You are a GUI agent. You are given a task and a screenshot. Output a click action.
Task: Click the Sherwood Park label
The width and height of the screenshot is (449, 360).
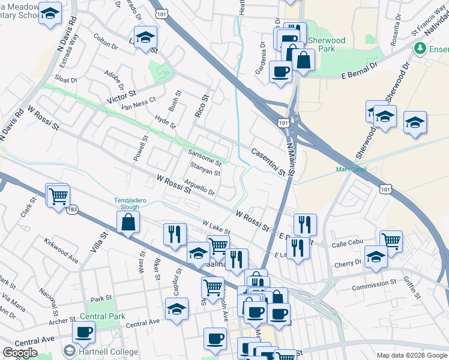tap(326, 45)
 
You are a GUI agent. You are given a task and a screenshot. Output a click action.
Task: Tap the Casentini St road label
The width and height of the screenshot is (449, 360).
tap(268, 162)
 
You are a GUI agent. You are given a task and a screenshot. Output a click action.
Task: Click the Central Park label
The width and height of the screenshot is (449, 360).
tap(102, 316)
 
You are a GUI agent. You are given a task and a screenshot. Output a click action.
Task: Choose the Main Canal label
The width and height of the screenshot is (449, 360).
tap(351, 169)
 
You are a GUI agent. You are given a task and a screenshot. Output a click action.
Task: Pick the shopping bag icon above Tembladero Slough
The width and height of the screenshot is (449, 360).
tap(129, 222)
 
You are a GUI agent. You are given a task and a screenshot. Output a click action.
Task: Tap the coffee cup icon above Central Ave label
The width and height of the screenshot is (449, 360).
tap(83, 331)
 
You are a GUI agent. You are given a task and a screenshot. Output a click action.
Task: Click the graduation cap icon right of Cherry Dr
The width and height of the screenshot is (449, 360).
tap(376, 257)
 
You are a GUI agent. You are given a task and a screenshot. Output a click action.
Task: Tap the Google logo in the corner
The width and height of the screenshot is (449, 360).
tap(20, 353)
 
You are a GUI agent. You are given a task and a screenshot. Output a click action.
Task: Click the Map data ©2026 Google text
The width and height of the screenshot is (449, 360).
tap(411, 355)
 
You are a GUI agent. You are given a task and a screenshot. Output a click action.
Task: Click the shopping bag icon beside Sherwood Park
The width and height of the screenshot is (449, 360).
tap(304, 59)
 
